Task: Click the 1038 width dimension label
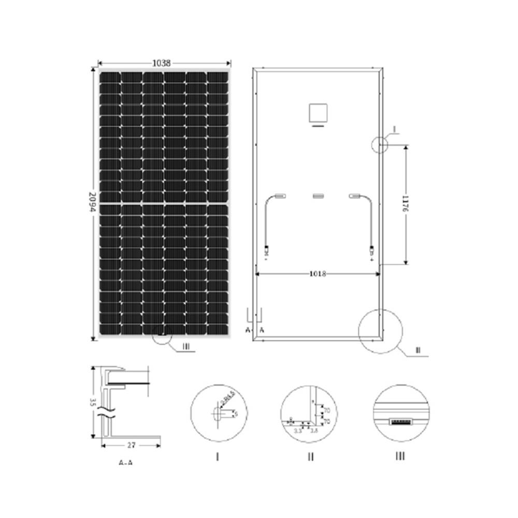[162, 63]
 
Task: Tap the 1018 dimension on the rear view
[318, 274]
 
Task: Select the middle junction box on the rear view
[318, 195]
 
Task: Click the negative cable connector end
[266, 251]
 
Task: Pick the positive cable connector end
[371, 251]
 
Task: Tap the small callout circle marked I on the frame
[380, 145]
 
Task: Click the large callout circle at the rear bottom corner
[381, 331]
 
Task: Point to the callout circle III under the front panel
[162, 335]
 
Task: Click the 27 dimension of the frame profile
[132, 444]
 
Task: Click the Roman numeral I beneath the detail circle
[218, 456]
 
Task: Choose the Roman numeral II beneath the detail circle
[310, 456]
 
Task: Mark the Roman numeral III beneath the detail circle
[400, 456]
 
